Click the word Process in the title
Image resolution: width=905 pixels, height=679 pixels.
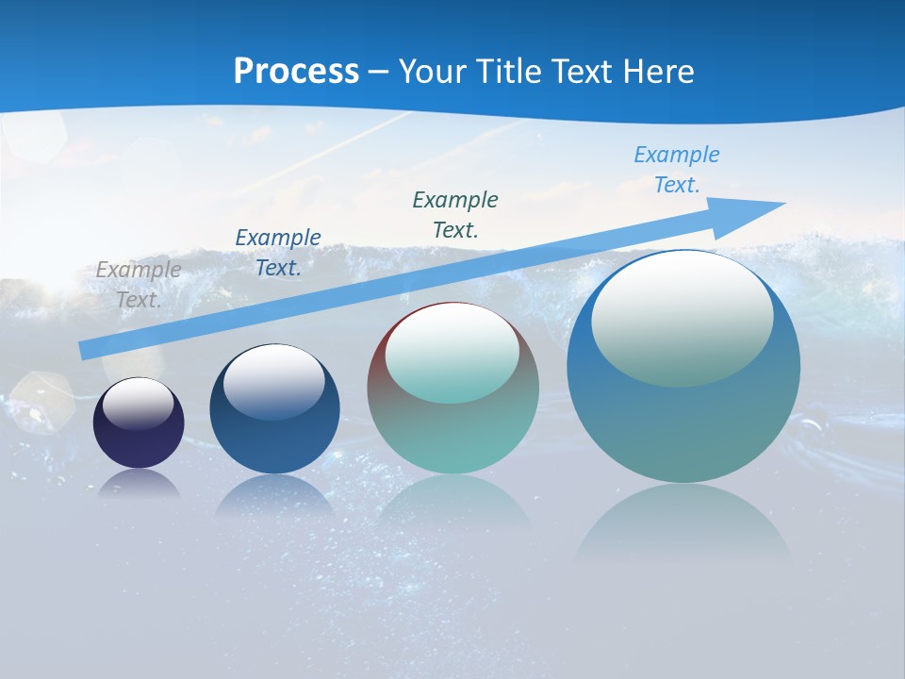(296, 72)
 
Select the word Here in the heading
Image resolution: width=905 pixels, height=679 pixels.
(658, 72)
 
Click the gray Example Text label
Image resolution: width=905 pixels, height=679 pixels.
(139, 285)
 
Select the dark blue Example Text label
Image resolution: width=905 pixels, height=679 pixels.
(278, 253)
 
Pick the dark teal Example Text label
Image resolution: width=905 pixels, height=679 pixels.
(455, 215)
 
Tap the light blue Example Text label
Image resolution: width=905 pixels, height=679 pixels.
(677, 170)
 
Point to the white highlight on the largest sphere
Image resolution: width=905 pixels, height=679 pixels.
(682, 318)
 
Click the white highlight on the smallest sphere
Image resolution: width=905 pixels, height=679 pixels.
(139, 404)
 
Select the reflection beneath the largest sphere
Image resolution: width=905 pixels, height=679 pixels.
(683, 523)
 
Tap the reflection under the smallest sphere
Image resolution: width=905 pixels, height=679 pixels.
(139, 485)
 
